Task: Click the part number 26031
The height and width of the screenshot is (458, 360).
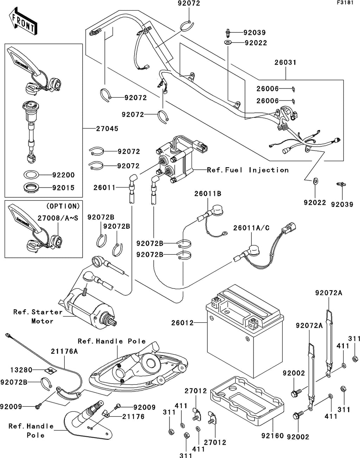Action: (x=285, y=63)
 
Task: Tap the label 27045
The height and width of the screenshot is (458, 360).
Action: (x=107, y=129)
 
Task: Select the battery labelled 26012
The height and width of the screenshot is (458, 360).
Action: (x=245, y=330)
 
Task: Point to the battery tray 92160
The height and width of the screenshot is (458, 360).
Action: (x=247, y=396)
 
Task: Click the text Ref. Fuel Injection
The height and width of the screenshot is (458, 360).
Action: (x=248, y=170)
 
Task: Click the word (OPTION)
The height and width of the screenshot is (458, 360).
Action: (x=63, y=206)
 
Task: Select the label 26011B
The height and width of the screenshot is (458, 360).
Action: (x=208, y=194)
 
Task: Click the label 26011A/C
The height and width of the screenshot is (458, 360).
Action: (x=251, y=228)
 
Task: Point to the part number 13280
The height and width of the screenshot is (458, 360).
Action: (x=21, y=370)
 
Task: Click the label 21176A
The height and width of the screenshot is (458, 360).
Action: (x=64, y=351)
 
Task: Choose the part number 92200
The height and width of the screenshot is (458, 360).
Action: (x=63, y=175)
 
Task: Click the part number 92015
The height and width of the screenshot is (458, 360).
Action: (x=63, y=188)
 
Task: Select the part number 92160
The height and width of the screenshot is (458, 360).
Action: (x=272, y=436)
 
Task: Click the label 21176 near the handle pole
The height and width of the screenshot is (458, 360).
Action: (x=133, y=417)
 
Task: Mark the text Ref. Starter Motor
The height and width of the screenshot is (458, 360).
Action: (x=38, y=316)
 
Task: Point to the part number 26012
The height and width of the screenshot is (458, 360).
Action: (x=182, y=322)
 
